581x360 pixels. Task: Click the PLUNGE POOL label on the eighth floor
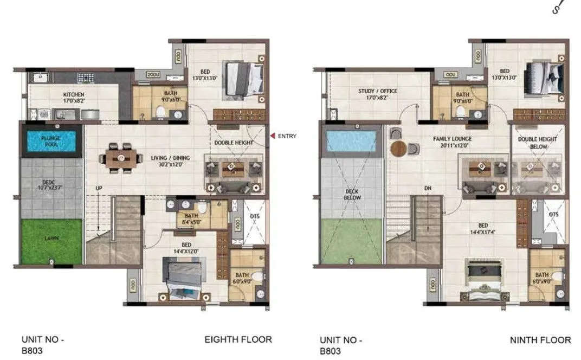pos(51,141)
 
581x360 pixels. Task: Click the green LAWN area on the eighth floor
pos(51,238)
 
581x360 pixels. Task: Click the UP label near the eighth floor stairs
pos(99,188)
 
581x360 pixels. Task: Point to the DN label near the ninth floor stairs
pos(428,189)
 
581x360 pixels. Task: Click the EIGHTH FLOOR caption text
pos(238,340)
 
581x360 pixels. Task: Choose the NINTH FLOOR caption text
pos(540,340)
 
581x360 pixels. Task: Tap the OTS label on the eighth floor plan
pos(256,216)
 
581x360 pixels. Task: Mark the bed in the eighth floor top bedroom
pos(243,79)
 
